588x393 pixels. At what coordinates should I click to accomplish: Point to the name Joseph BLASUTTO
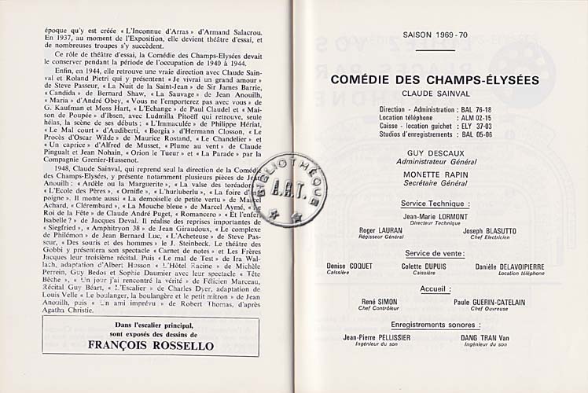point(490,231)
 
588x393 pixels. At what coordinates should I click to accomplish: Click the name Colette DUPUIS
point(424,266)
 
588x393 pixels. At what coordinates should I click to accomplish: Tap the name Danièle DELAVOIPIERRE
point(510,266)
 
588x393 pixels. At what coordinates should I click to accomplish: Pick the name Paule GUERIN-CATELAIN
point(487,302)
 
